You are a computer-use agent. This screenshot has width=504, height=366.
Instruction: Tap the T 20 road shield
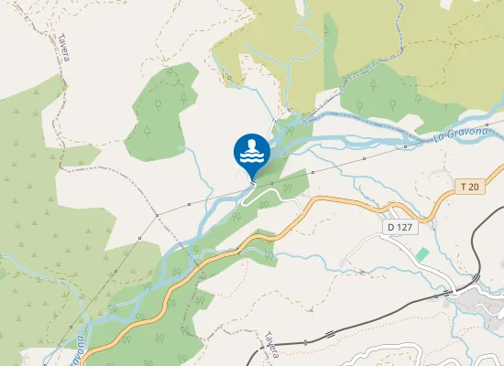469,187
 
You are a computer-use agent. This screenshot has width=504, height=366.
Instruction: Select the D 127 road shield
400,226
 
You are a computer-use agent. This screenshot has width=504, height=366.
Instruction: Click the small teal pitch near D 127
422,253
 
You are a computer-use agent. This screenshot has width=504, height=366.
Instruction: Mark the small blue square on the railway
451,293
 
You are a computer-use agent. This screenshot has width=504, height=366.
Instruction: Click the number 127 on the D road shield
404,226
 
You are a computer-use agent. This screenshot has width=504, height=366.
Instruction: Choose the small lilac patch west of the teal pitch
343,263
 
